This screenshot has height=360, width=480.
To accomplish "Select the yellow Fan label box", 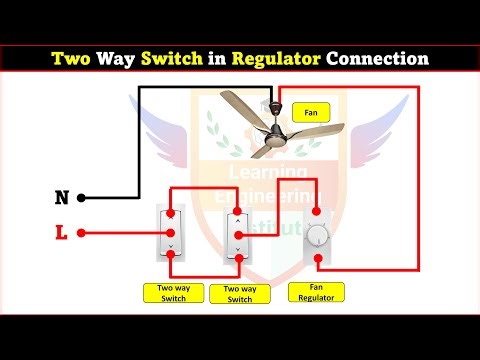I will pos(310,113).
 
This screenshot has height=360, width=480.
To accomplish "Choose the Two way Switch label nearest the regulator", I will pos(240,294).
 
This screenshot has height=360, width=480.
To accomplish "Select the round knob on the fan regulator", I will pos(318,236).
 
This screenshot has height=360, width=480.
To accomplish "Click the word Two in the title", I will pos(74,59).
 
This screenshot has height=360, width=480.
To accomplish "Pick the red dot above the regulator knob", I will pos(318,212).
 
